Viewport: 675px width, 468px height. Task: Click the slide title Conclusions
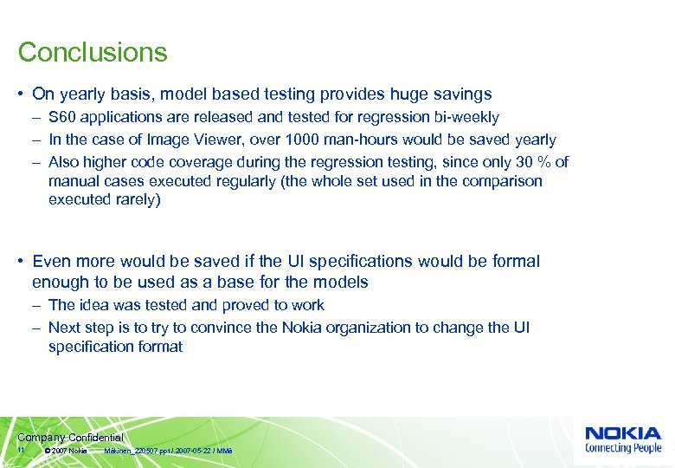pos(93,52)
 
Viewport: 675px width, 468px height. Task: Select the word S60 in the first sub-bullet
pos(62,117)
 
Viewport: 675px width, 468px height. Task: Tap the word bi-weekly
pos(467,117)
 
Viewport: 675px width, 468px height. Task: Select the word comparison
pos(504,181)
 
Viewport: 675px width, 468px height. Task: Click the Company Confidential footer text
pos(70,438)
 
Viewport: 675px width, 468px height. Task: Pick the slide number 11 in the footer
pos(22,452)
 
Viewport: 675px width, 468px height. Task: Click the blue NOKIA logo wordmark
pos(622,432)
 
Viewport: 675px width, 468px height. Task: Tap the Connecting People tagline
pos(622,448)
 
